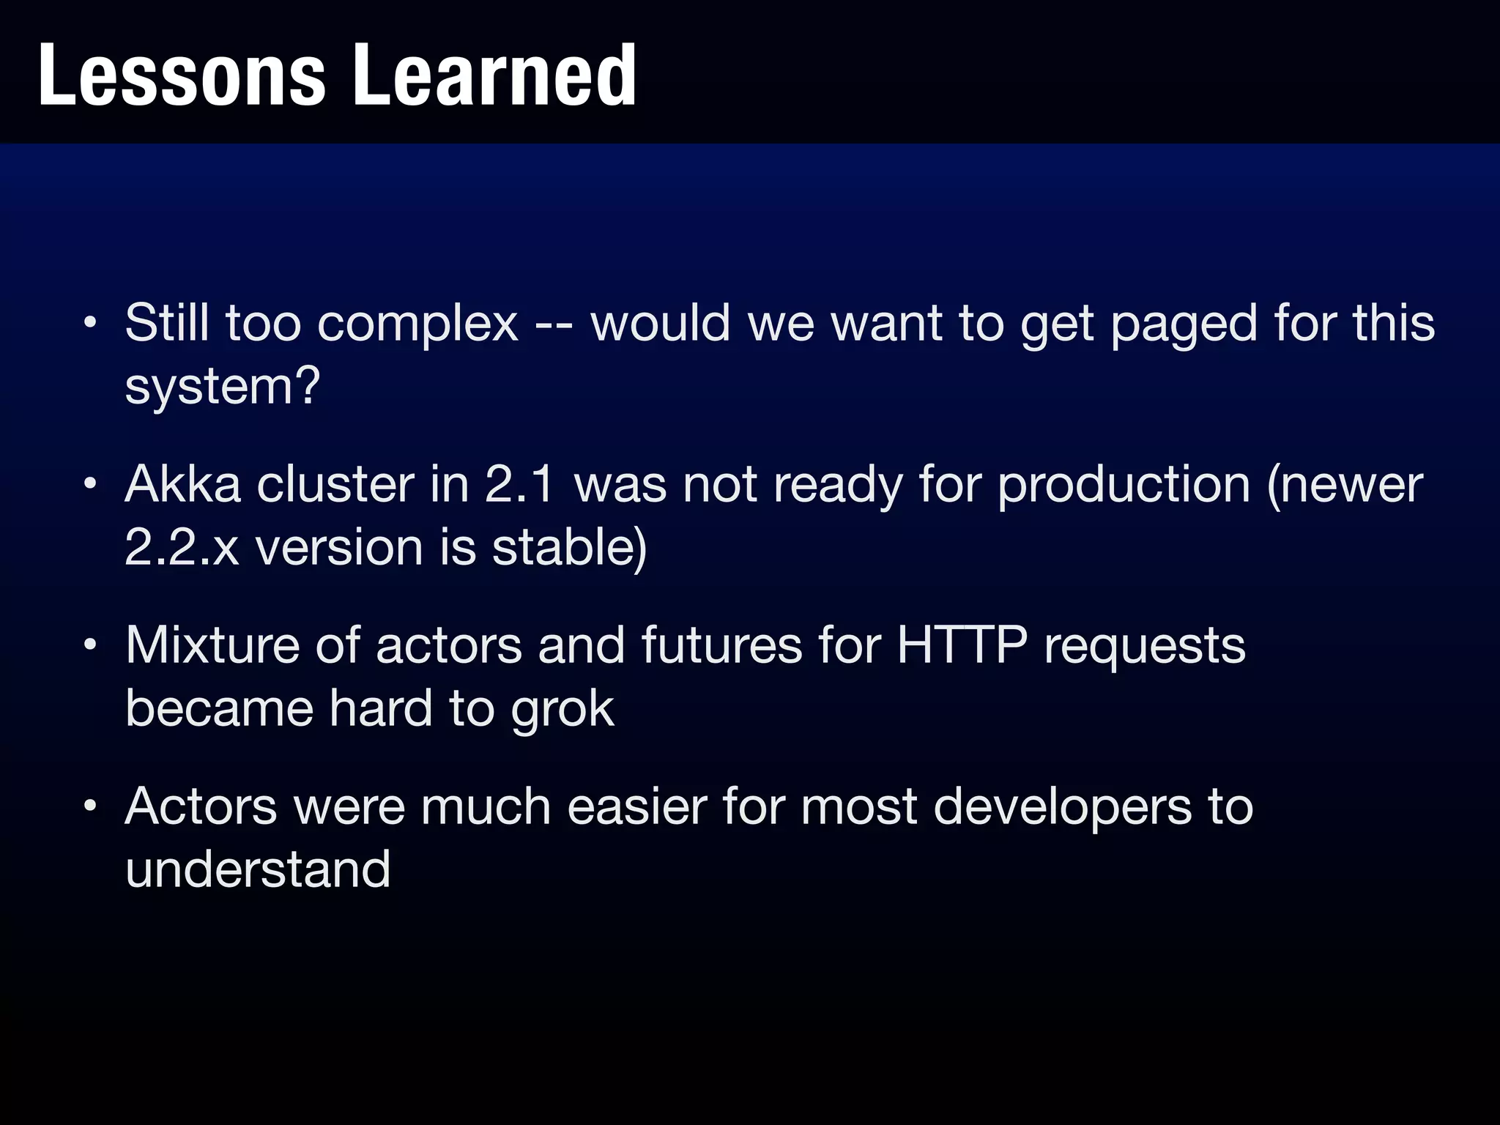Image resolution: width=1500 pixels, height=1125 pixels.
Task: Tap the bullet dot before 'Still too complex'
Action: pyautogui.click(x=89, y=323)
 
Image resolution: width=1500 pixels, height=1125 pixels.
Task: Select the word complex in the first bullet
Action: pyautogui.click(x=417, y=323)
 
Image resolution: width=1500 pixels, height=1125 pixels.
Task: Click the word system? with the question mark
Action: pyautogui.click(x=222, y=387)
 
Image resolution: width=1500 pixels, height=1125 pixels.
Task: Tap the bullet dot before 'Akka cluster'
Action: pyautogui.click(x=89, y=484)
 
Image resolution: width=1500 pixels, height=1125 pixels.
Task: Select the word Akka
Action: pyautogui.click(x=182, y=484)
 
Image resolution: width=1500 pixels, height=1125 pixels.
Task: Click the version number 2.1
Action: pyautogui.click(x=519, y=484)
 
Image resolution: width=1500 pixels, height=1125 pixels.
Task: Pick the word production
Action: pyautogui.click(x=1124, y=486)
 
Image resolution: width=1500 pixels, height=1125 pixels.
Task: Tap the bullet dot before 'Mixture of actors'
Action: pyautogui.click(x=89, y=645)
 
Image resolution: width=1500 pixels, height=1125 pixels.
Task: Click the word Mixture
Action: pyautogui.click(x=212, y=645)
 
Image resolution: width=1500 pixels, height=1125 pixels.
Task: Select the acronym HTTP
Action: pyautogui.click(x=962, y=645)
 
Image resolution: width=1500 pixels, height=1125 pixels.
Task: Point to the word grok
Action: pyautogui.click(x=562, y=710)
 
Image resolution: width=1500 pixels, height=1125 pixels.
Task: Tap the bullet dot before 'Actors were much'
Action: pyautogui.click(x=89, y=806)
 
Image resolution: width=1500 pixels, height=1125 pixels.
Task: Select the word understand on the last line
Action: pyautogui.click(x=258, y=869)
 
